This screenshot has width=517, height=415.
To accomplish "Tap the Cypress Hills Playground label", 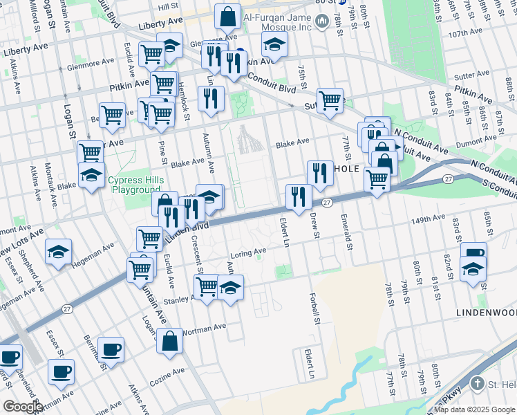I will pos(135,185).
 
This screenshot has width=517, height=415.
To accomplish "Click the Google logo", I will pos(23,407).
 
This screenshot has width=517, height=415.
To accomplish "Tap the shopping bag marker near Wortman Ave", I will pos(169,340).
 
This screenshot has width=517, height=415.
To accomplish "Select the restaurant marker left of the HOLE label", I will pos(319,172).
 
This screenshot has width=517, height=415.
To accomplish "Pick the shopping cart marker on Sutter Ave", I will pos(330,100).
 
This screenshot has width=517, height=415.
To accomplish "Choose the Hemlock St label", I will pos(182,84).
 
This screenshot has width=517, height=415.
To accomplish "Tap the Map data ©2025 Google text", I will pos(474,409).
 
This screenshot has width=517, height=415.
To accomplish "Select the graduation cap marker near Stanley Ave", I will pos(231,286).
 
